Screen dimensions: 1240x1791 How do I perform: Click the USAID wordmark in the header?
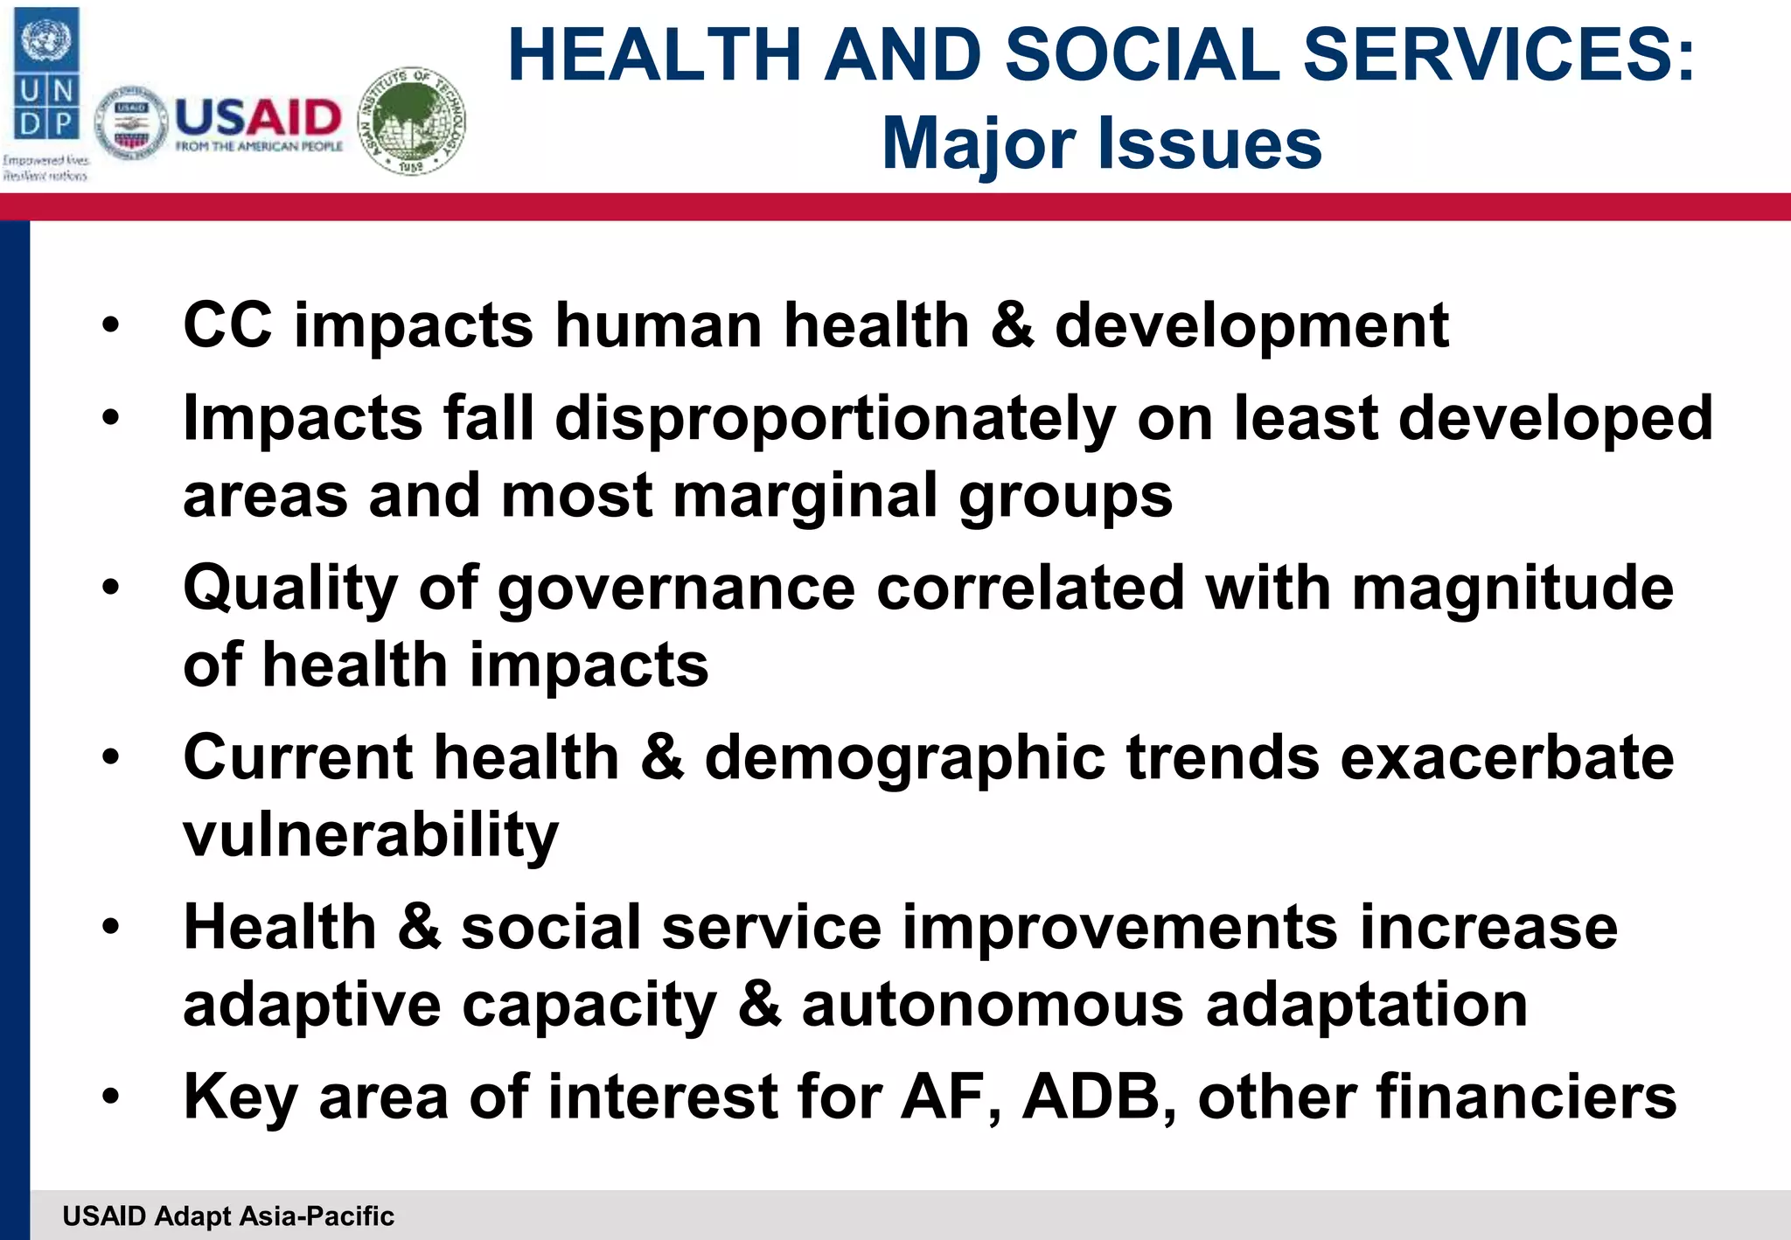[x=259, y=119]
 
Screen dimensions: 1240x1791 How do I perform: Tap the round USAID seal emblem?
[x=131, y=123]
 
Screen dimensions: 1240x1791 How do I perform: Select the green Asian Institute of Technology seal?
[x=413, y=121]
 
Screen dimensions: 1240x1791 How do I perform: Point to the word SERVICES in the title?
[x=1499, y=56]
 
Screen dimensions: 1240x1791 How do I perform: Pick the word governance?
[x=676, y=589]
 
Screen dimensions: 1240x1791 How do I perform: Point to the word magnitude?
[x=1512, y=589]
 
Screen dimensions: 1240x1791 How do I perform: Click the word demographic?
[x=904, y=758]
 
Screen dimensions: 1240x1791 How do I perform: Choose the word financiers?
[x=1526, y=1097]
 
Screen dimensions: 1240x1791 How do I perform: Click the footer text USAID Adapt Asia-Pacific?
[x=228, y=1216]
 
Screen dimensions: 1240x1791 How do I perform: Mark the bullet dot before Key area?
[x=110, y=1097]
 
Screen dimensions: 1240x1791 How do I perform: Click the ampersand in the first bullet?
[x=1012, y=325]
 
